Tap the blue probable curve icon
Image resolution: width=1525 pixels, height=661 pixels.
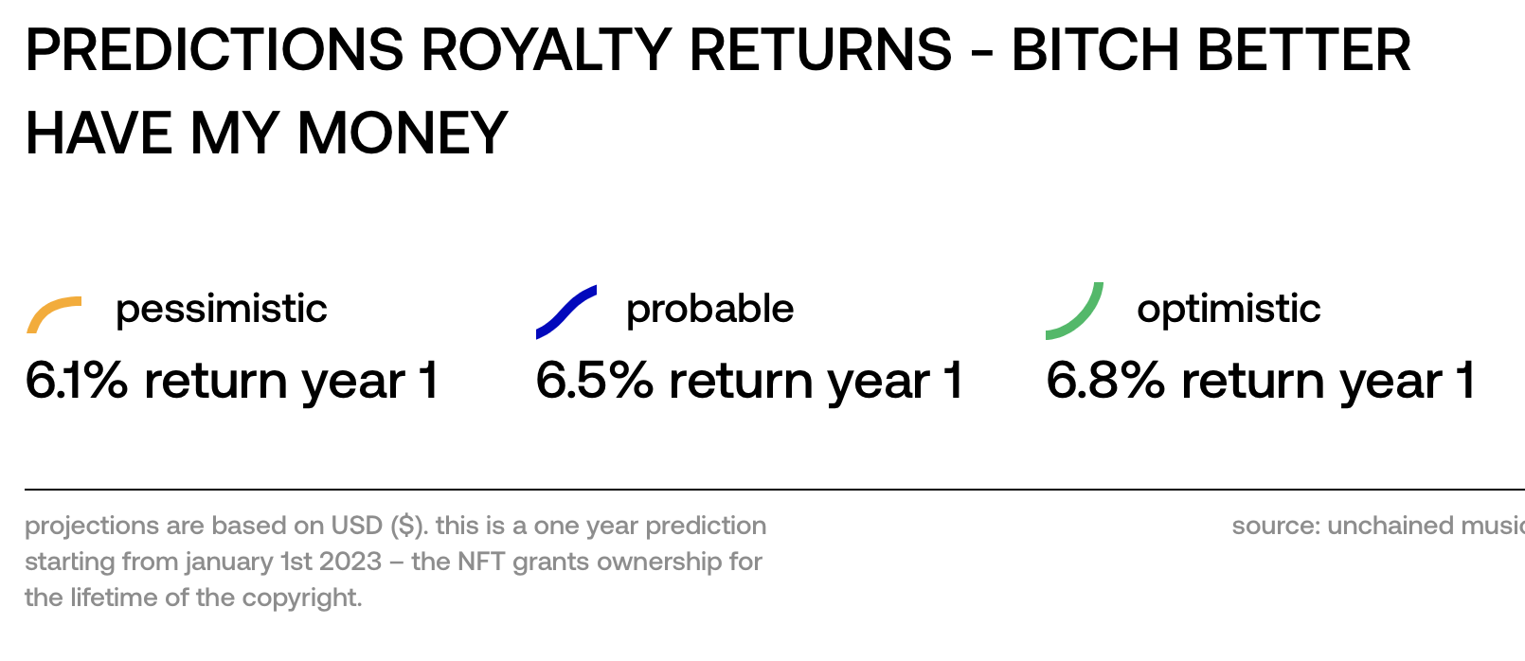point(566,312)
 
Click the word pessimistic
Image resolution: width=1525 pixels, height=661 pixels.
point(222,310)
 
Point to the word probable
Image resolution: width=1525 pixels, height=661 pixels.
point(710,310)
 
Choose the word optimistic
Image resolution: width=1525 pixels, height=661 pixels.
point(1229,310)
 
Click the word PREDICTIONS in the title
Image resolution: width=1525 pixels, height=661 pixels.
point(214,50)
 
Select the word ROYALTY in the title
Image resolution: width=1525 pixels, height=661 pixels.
point(547,50)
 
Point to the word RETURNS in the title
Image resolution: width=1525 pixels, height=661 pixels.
point(820,50)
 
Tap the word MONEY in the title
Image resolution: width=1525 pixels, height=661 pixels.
point(403,134)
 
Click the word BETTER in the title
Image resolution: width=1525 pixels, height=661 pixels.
point(1303,50)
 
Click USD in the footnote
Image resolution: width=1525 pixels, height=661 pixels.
point(357,526)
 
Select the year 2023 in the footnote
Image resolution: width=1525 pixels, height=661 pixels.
point(350,562)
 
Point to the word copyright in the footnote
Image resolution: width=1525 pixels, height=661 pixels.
point(301,598)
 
